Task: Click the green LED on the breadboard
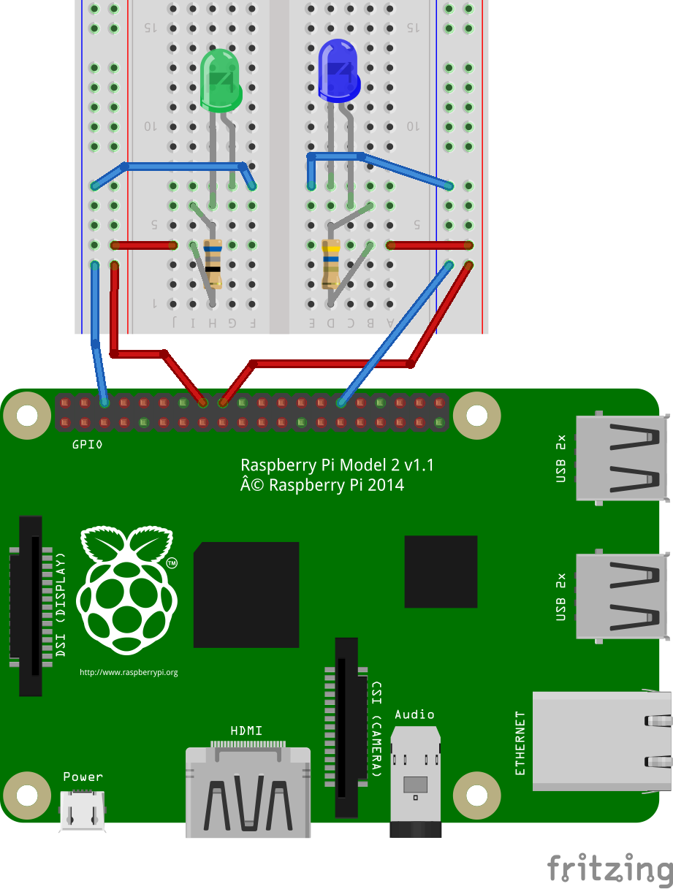coord(221,79)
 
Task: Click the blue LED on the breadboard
coord(338,71)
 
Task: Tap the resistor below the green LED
coord(213,262)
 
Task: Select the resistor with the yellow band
coord(331,264)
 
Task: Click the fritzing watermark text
coord(609,869)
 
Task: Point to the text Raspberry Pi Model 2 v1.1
coord(342,465)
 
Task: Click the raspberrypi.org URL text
coord(129,672)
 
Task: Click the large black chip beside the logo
coord(246,595)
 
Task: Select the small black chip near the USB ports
coord(441,571)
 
